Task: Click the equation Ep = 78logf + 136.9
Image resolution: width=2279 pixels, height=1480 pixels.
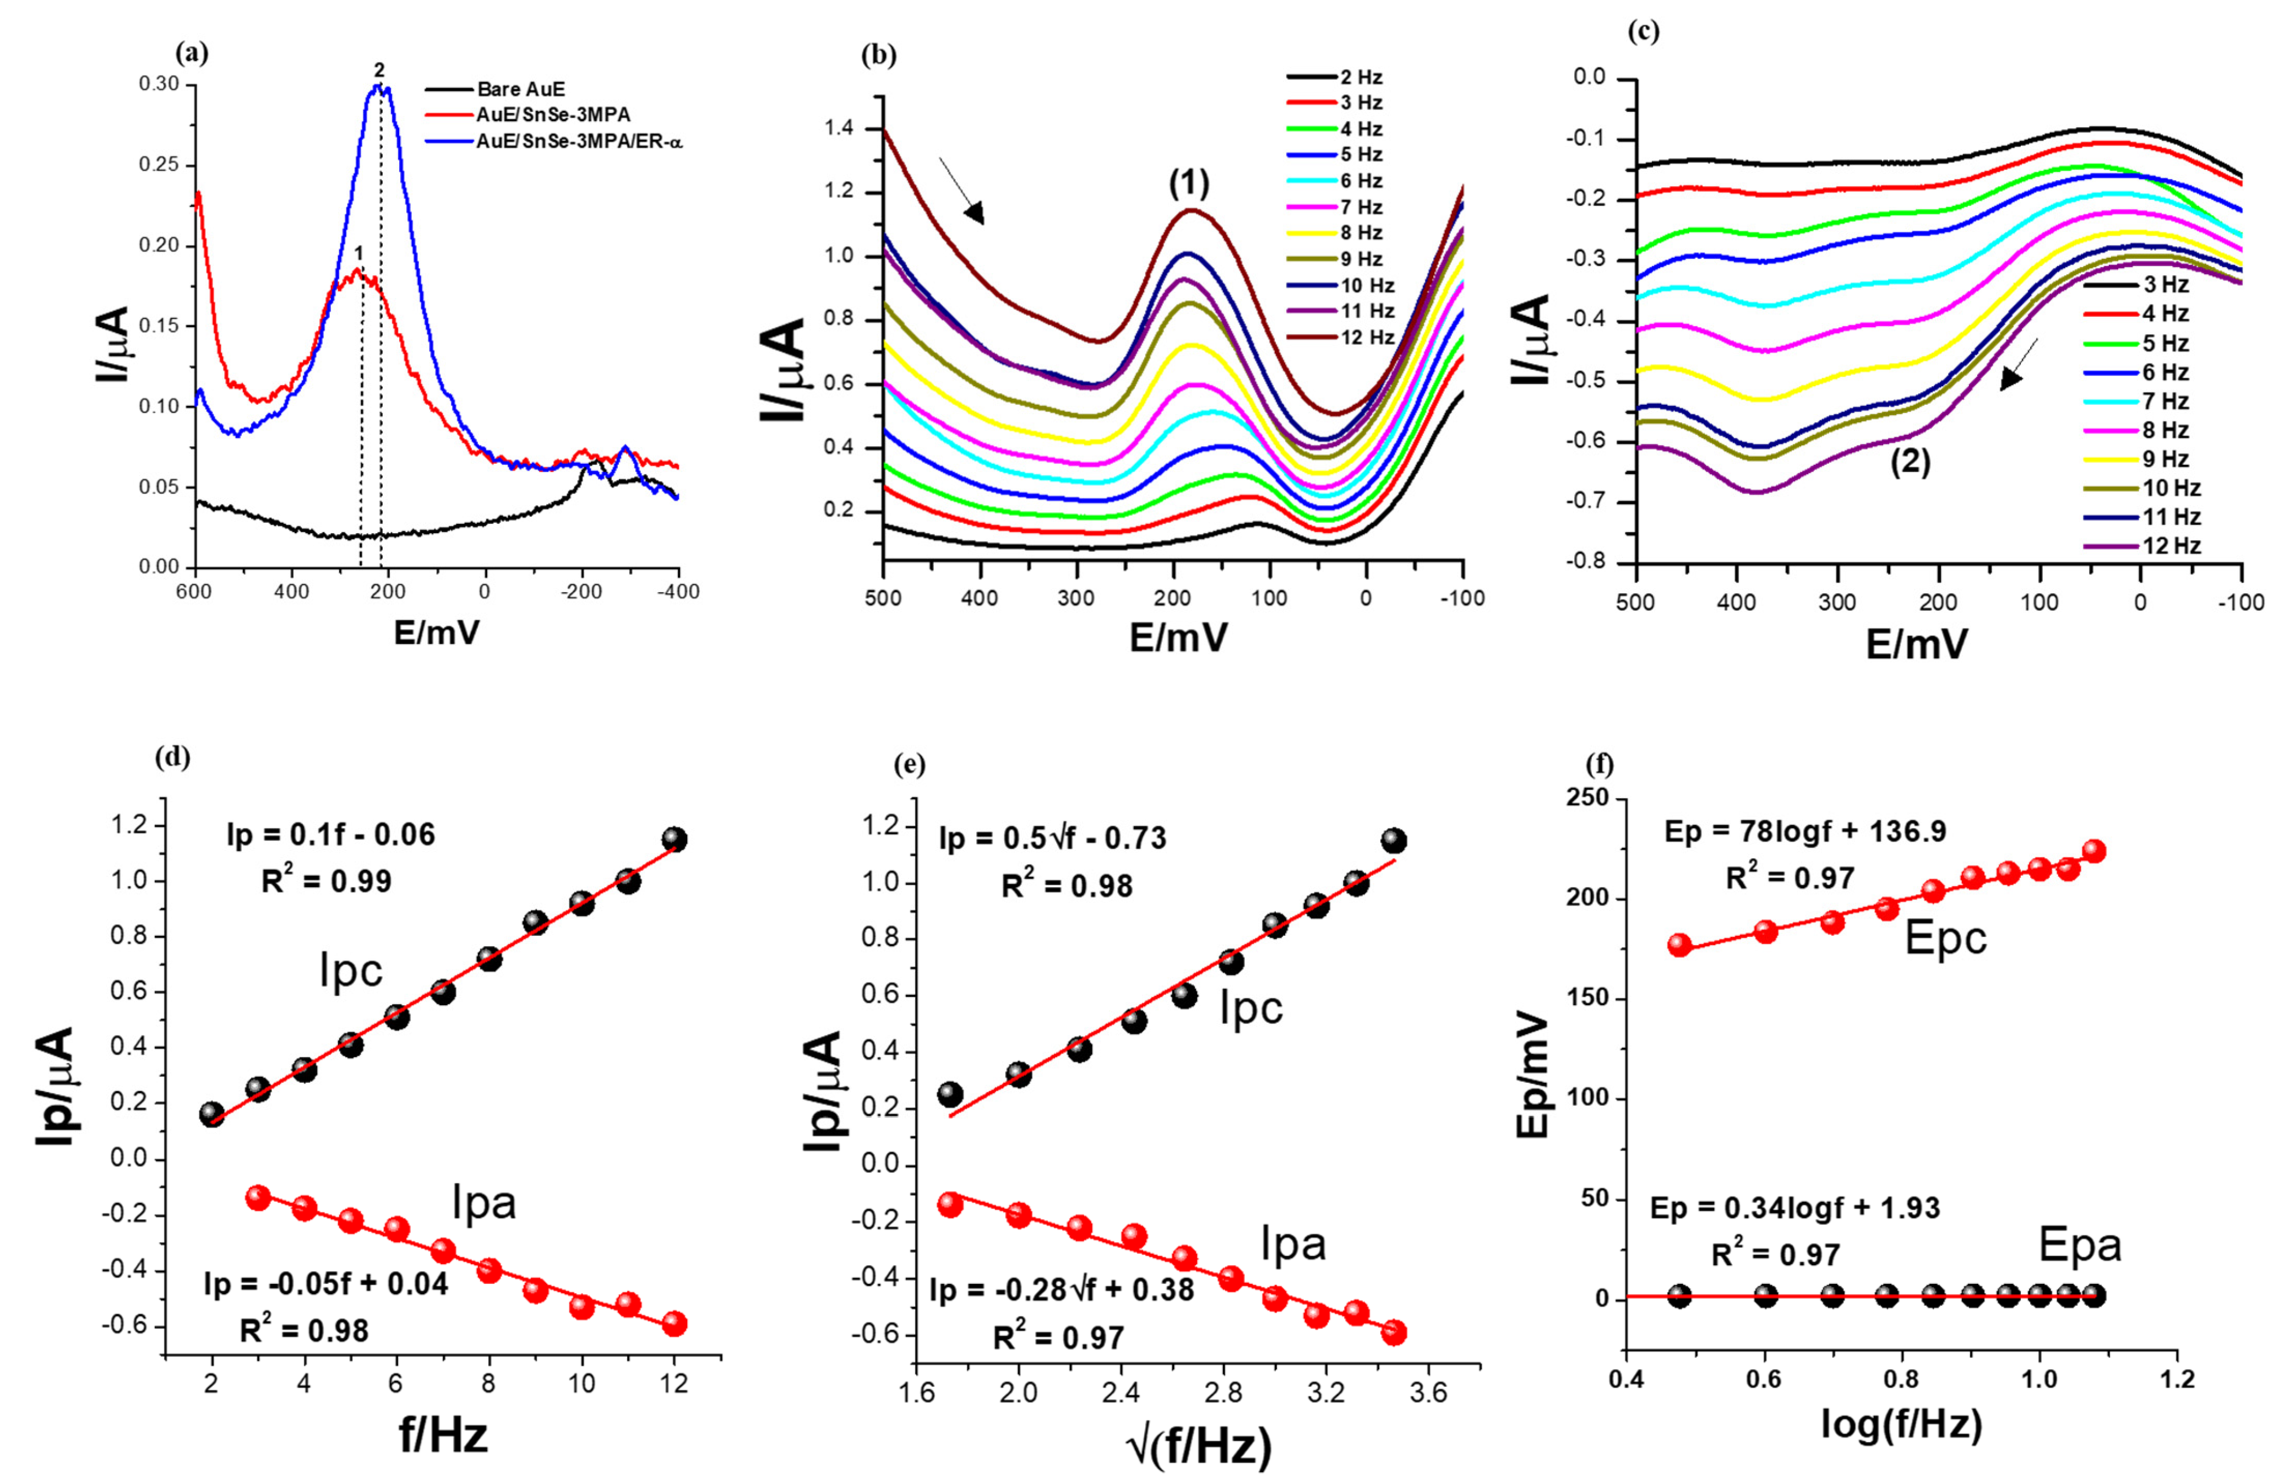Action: [x=1805, y=832]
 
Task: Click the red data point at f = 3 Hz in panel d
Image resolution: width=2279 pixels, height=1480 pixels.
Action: [x=258, y=1197]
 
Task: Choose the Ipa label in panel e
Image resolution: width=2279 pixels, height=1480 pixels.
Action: [x=1293, y=1244]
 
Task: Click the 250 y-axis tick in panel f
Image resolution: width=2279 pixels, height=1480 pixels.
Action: [x=1585, y=798]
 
